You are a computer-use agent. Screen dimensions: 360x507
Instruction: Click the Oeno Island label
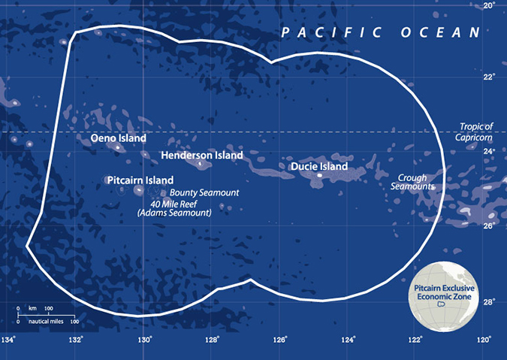[118, 139]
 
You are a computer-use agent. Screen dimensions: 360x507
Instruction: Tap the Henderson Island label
[202, 156]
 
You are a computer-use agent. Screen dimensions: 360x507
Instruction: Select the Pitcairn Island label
[140, 180]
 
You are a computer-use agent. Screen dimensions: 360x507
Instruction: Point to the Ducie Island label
[319, 166]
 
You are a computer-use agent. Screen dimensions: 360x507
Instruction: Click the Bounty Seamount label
[210, 193]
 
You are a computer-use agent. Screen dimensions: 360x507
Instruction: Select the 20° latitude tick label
[489, 6]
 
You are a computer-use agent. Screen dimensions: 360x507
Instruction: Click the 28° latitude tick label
[489, 302]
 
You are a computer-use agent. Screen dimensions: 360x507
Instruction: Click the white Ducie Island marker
[321, 175]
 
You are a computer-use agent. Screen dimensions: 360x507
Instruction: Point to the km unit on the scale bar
[32, 309]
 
